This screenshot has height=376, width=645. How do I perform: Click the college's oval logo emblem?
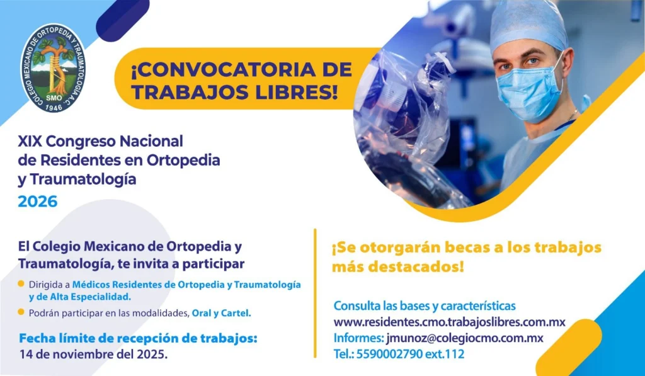53,68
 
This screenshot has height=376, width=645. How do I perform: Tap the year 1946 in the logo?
54,107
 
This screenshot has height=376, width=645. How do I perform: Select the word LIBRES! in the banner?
296,92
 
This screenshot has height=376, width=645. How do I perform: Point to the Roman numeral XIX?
30,142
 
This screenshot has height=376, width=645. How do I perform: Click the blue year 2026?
37,202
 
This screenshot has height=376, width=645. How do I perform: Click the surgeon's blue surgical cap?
529,26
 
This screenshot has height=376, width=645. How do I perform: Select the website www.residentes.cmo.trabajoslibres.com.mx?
449,322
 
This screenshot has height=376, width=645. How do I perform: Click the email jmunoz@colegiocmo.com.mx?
465,338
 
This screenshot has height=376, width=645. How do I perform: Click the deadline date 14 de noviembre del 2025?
93,354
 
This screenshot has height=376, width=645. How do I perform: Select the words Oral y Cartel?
221,313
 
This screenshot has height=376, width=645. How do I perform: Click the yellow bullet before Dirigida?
21,284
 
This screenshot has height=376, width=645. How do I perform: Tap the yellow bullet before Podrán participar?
21,312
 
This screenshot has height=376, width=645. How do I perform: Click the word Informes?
358,338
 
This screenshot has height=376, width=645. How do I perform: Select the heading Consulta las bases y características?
425,305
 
